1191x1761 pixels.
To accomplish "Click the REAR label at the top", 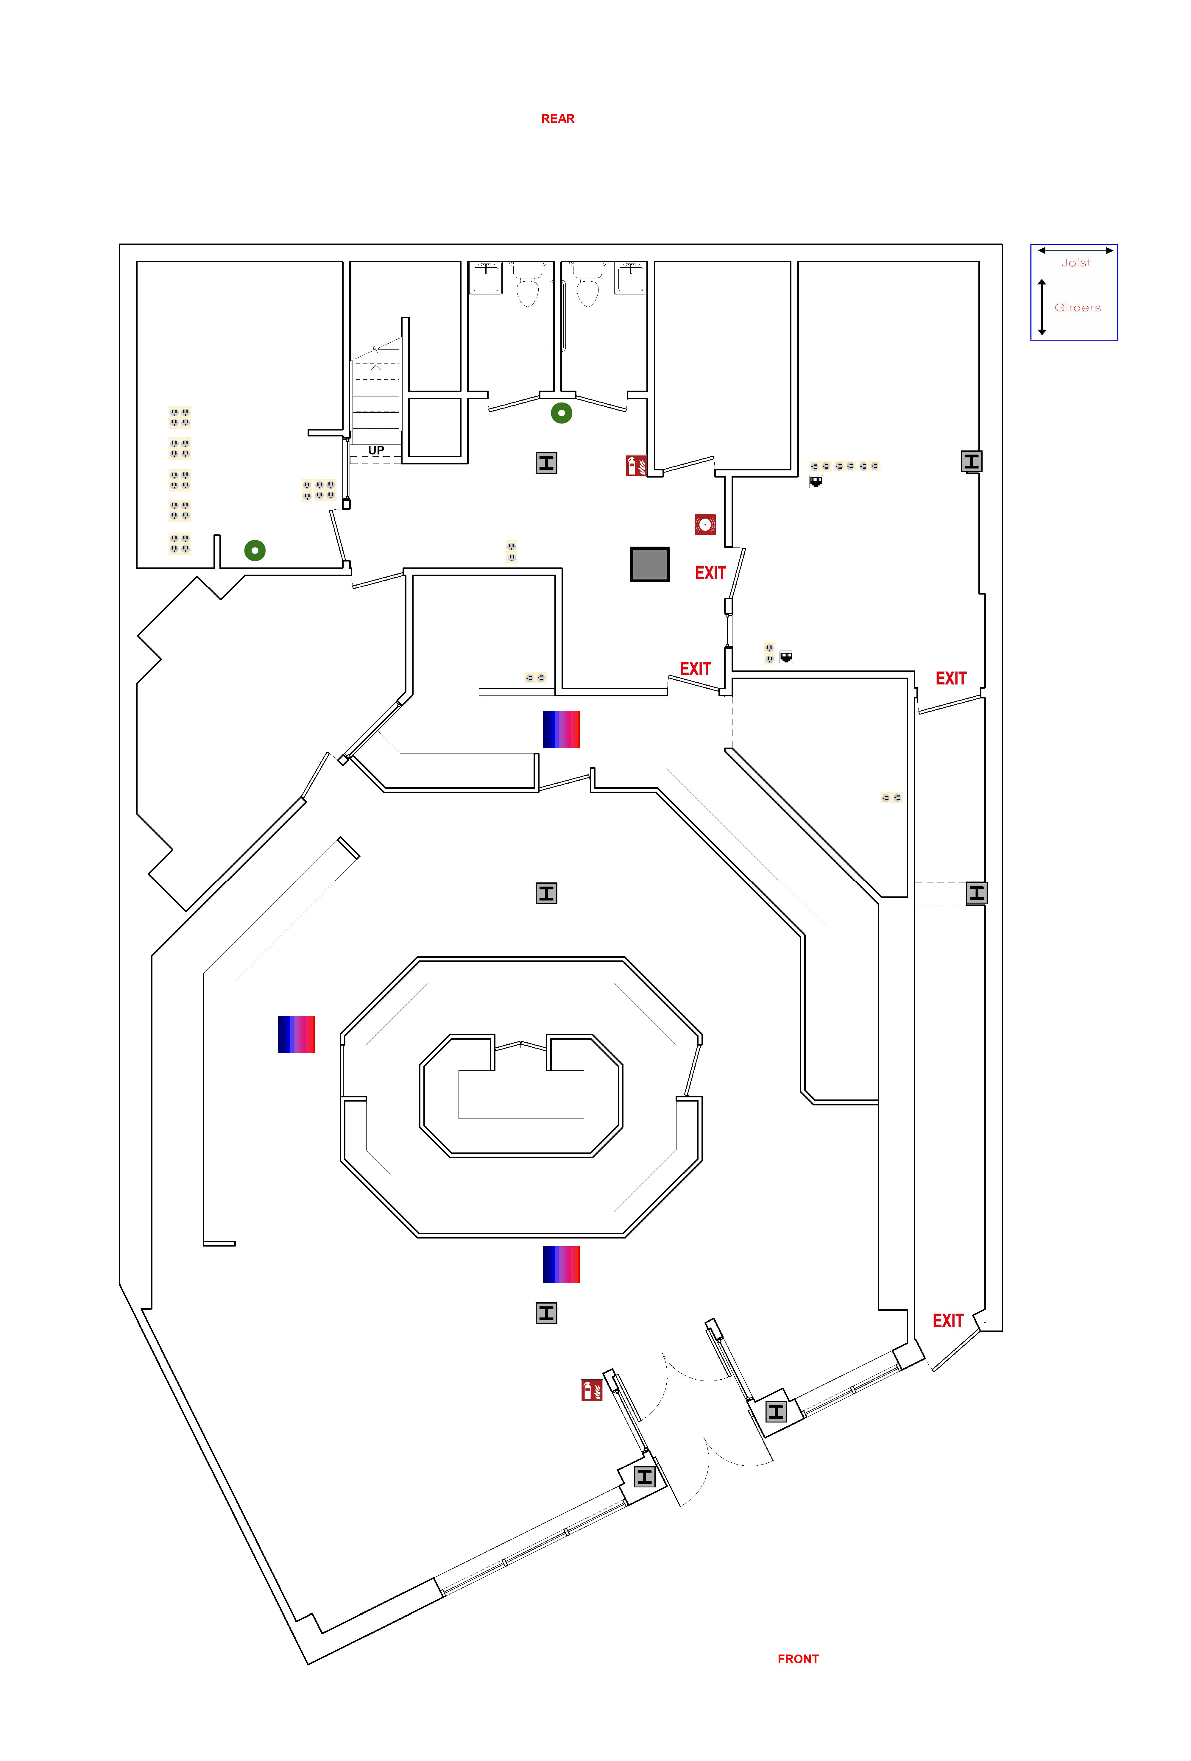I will pos(558,119).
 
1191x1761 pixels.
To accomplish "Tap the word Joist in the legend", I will pos(1076,263).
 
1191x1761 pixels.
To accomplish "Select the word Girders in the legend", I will pos(1077,308).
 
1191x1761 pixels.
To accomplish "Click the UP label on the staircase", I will pos(376,450).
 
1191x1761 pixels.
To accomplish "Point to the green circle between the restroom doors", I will pos(561,413).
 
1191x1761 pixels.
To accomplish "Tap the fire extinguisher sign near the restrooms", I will pos(636,465).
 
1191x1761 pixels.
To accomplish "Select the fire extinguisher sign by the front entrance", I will pos(592,1390).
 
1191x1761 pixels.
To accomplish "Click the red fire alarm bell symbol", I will pos(704,524).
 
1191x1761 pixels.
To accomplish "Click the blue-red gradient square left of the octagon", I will pos(296,1034).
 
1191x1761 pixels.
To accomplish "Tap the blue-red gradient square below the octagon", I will pos(561,1265).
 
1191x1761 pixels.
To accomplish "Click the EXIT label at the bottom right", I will pos(948,1322).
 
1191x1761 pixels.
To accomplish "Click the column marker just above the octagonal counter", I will pos(546,893).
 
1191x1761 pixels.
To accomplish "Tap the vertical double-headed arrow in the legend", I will pos(1042,307).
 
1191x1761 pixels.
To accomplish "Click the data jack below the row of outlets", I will pos(816,481).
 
